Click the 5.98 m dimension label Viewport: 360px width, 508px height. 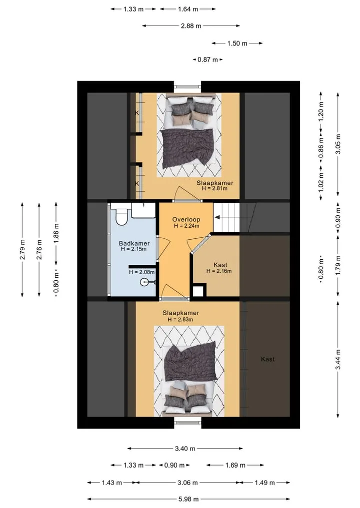[188, 499]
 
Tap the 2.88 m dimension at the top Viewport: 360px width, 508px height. [191, 26]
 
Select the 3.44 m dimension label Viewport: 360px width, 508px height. [338, 359]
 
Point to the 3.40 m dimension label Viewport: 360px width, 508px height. [185, 449]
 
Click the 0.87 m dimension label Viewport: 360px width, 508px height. [208, 59]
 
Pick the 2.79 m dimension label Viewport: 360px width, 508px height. [22, 249]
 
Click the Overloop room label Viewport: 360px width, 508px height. [186, 219]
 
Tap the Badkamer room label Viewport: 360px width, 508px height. [134, 243]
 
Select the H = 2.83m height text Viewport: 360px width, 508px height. [180, 320]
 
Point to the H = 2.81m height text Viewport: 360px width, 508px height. [214, 188]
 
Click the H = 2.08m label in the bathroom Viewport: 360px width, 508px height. [141, 272]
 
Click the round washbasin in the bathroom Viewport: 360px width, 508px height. [144, 282]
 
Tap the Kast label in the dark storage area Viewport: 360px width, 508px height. [268, 359]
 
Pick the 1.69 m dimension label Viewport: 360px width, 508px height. [235, 465]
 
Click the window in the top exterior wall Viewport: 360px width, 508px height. [188, 87]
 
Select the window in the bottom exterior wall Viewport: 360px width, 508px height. [188, 422]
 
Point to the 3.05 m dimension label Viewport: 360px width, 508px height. [338, 144]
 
